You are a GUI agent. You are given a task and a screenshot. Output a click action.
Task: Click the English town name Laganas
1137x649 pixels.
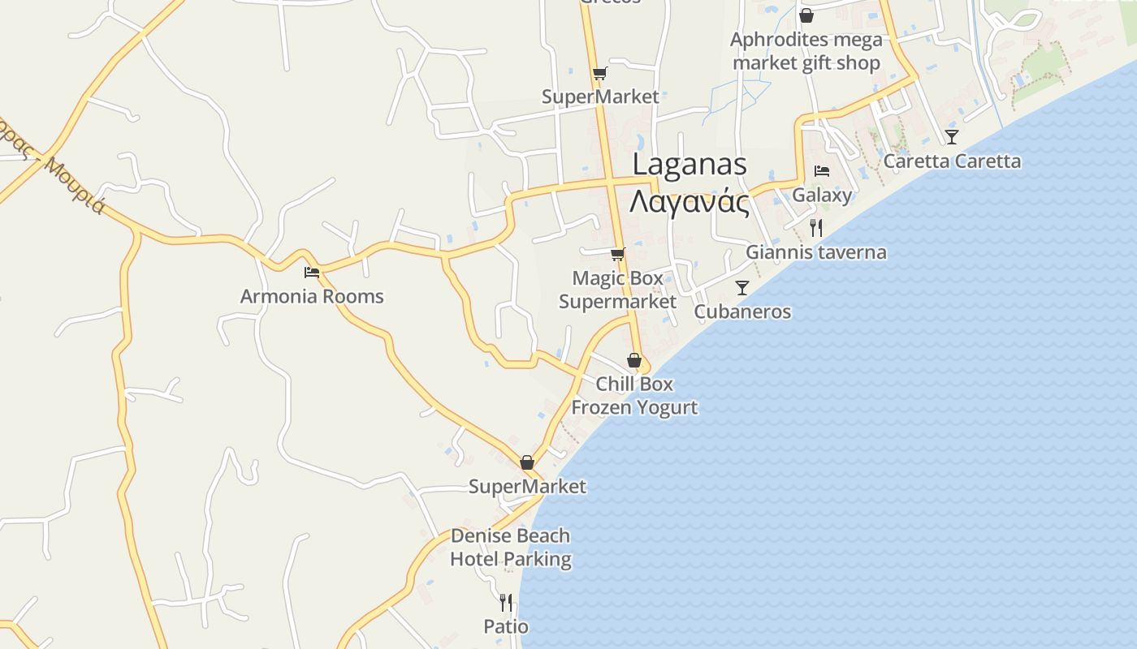[x=690, y=164]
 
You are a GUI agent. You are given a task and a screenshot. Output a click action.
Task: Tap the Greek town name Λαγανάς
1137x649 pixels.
[x=690, y=200]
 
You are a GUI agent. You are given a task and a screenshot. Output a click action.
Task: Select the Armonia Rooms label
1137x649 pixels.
[x=312, y=296]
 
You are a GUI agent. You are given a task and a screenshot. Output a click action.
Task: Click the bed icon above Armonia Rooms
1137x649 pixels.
[x=311, y=273]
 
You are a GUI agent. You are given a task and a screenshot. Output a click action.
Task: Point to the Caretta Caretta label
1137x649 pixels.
[x=952, y=161]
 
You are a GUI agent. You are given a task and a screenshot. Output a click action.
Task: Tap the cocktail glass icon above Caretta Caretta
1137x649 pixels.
[x=952, y=136]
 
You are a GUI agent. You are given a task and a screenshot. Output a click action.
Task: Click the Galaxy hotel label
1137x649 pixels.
[x=822, y=195]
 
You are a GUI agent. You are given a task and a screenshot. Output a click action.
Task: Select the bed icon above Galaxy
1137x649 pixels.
[x=822, y=171]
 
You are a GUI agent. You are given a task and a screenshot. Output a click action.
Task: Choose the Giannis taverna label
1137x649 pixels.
[x=816, y=251]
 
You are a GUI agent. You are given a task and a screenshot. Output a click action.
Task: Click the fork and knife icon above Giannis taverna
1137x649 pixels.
[x=816, y=228]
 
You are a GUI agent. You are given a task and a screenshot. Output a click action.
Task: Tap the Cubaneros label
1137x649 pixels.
[x=742, y=312]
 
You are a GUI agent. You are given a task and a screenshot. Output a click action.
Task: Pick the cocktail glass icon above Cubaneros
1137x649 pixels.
[x=742, y=288]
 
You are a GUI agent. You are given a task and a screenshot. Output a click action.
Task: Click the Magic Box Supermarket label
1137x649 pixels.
[x=618, y=290]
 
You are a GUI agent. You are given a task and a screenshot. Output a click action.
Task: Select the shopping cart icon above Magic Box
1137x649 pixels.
[x=618, y=254]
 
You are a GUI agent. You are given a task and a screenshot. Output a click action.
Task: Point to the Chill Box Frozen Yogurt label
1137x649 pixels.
[x=634, y=395]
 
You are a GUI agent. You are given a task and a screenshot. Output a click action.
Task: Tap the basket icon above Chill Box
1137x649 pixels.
[x=634, y=360]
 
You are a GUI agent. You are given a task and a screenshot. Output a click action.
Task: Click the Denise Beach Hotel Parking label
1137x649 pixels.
[x=511, y=548]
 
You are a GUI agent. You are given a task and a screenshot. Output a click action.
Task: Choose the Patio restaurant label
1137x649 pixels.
[x=506, y=626]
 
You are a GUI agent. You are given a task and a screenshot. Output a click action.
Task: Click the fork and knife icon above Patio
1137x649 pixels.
[x=506, y=603]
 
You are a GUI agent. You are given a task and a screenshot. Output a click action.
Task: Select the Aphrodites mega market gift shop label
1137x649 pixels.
[x=806, y=51]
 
